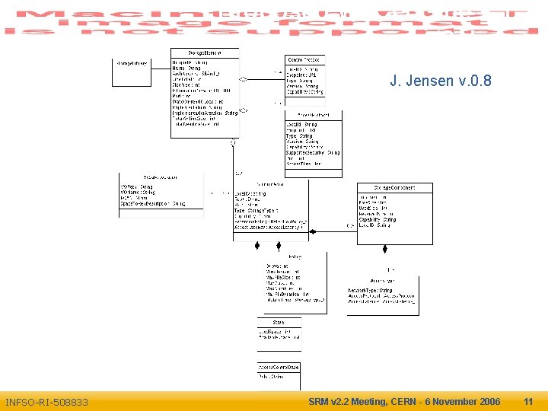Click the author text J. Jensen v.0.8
coord(440,81)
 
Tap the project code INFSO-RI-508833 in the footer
coord(46,402)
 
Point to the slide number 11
coord(528,401)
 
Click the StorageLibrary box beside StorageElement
coord(132,62)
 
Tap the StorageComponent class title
coord(394,187)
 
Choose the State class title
coord(279,323)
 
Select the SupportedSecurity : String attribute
coord(312,153)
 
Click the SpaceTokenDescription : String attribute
coord(153,204)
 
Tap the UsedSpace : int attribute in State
coord(273,332)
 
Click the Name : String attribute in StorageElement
coord(185,68)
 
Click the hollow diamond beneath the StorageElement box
coord(234,142)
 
